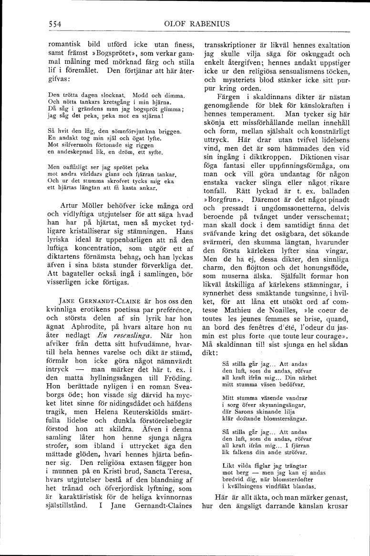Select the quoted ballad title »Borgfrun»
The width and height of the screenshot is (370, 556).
coord(222,194)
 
